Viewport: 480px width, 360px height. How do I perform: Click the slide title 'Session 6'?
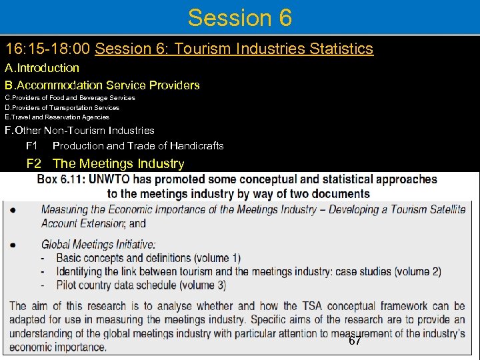pyautogui.click(x=239, y=17)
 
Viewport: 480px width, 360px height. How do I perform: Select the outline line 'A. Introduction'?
pyautogui.click(x=42, y=67)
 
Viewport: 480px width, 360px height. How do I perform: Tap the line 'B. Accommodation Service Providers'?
pyautogui.click(x=102, y=85)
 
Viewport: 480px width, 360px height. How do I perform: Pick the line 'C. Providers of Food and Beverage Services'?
pyautogui.click(x=70, y=97)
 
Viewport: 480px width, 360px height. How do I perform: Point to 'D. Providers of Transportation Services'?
pyautogui.click(x=62, y=107)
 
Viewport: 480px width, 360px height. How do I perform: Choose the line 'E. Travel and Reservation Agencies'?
pyautogui.click(x=57, y=117)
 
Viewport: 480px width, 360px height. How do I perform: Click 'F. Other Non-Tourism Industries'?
pyautogui.click(x=79, y=131)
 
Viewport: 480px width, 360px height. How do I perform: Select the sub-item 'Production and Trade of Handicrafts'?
pyautogui.click(x=138, y=145)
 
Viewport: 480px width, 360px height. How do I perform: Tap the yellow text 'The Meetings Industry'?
pyautogui.click(x=118, y=163)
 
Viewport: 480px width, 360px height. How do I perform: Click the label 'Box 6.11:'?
pyautogui.click(x=65, y=179)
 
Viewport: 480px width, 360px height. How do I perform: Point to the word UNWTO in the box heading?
pyautogui.click(x=117, y=179)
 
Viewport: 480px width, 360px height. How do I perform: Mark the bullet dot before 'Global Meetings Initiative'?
pyautogui.click(x=14, y=245)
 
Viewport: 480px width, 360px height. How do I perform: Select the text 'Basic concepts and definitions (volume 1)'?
pyautogui.click(x=148, y=258)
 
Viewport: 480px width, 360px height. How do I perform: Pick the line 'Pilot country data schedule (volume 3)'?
pyautogui.click(x=141, y=285)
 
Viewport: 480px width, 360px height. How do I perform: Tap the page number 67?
pyautogui.click(x=355, y=341)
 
